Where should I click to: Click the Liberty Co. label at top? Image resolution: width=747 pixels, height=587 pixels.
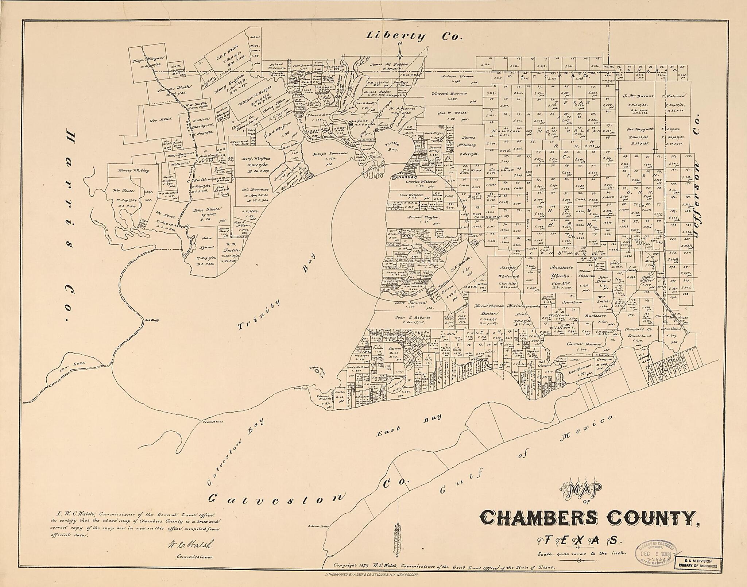tap(414, 36)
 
